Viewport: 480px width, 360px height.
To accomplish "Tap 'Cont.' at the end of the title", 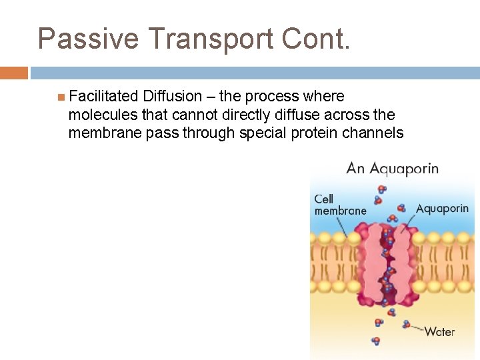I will (315, 39).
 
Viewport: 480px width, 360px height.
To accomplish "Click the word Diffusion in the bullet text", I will (172, 97).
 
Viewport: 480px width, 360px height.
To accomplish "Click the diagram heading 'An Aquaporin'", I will (392, 168).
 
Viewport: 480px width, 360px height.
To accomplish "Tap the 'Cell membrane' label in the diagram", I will (340, 205).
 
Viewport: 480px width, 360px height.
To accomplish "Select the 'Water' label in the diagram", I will (439, 331).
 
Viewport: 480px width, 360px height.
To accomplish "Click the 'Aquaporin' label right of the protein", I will (442, 208).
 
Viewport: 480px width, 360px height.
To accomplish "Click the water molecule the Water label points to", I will (406, 325).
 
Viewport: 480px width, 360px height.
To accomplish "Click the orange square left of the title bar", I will (13, 73).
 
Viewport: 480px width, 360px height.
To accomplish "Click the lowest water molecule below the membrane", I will (376, 341).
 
